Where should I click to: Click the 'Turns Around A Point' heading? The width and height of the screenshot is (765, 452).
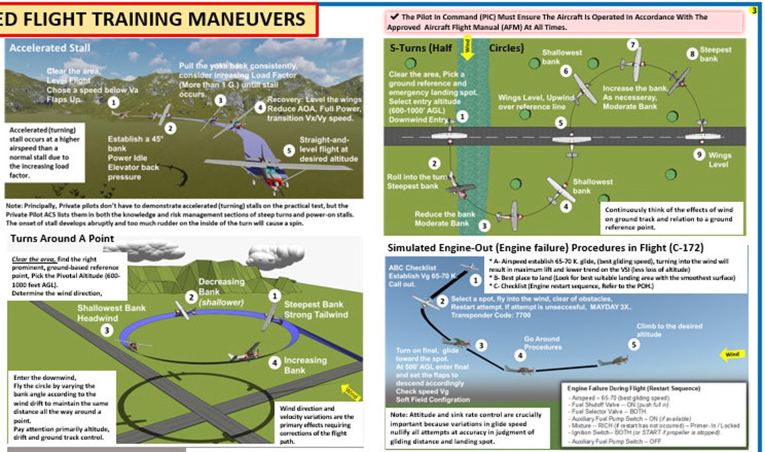(62, 238)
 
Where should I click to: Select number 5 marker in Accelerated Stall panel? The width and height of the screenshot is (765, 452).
(289, 150)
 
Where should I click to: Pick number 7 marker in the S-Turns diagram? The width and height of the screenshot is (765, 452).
(632, 45)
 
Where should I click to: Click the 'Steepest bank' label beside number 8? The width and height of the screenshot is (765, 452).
(709, 54)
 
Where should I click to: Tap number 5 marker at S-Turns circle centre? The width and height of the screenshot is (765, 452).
(561, 123)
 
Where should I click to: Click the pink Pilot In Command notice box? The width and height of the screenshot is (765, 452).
(564, 22)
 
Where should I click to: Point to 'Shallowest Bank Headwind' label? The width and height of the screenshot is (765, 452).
(111, 313)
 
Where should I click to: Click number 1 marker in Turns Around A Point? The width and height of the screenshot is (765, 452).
(274, 296)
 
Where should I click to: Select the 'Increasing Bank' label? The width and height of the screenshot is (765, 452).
(305, 365)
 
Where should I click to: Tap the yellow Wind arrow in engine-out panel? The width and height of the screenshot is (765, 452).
(731, 353)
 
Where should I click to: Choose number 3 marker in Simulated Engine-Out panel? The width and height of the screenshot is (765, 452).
(481, 346)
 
